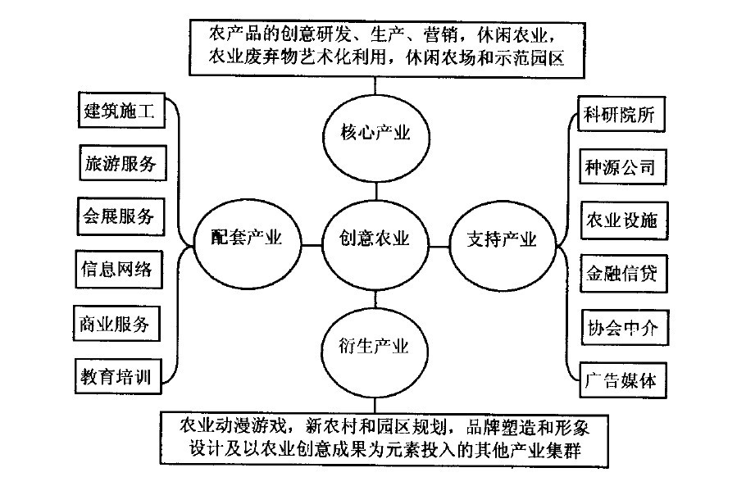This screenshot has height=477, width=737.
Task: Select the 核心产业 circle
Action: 375,133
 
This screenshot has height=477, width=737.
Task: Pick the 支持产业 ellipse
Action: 501,239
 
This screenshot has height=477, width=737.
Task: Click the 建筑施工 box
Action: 119,111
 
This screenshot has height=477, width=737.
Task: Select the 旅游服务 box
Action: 119,163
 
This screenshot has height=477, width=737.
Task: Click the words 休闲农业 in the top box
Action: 520,36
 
